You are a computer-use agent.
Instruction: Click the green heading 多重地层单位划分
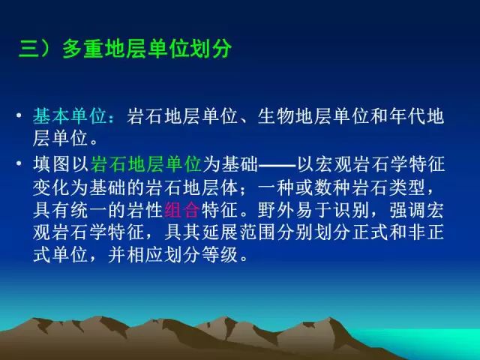[x=147, y=49]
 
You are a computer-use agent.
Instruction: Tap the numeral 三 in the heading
[x=29, y=49]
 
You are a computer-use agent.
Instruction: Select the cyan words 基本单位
[x=70, y=116]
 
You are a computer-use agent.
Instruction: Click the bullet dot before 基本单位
[x=19, y=115]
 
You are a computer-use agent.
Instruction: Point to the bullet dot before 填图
[x=19, y=163]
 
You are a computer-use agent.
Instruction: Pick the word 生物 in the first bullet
[x=276, y=116]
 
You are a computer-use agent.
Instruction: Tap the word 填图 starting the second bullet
[x=52, y=163]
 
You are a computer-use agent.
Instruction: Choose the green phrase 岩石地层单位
[x=146, y=163]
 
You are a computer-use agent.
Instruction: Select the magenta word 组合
[x=183, y=210]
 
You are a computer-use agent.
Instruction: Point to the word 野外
[x=276, y=210]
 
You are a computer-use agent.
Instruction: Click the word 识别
[x=352, y=210]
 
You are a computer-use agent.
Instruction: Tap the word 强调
[x=407, y=210]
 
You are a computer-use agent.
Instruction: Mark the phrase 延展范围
[x=238, y=232]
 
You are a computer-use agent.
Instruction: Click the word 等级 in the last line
[x=220, y=255]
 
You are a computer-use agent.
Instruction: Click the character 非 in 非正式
[x=416, y=232]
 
